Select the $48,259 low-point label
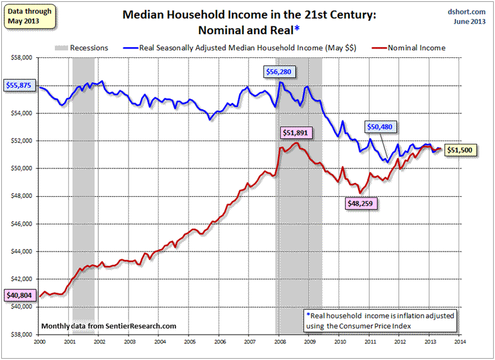pyautogui.click(x=363, y=204)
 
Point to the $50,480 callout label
pyautogui.click(x=384, y=127)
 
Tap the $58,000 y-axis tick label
pyautogui.click(x=23, y=58)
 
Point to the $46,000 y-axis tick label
pyautogui.click(x=23, y=224)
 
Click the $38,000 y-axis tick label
pyautogui.click(x=23, y=334)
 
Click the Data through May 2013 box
pyautogui.click(x=25, y=16)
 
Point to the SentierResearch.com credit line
pyautogui.click(x=108, y=326)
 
